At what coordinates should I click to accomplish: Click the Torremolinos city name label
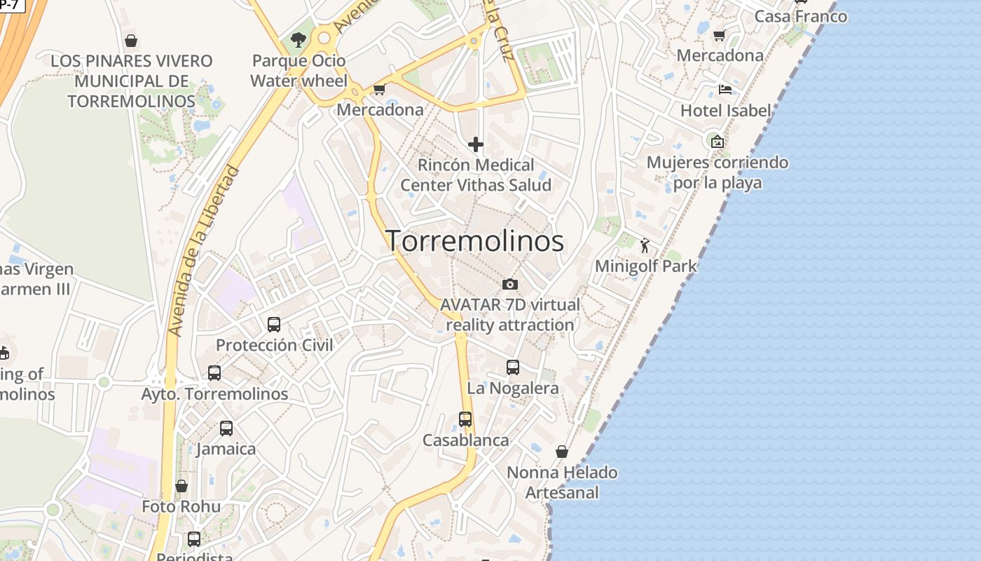[x=475, y=241]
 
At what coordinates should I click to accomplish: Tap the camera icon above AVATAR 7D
[x=510, y=284]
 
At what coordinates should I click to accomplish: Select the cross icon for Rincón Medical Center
[x=476, y=144]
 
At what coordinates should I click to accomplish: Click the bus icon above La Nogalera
[x=513, y=367]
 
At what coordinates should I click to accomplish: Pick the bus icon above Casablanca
[x=465, y=419]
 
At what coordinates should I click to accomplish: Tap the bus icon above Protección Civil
[x=274, y=325]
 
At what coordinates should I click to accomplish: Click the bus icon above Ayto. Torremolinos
[x=214, y=373]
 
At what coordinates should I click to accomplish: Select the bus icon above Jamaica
[x=226, y=428]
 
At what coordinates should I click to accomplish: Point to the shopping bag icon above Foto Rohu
[x=181, y=486]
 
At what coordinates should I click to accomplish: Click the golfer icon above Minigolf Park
[x=645, y=245]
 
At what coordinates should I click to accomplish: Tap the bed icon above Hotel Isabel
[x=725, y=90]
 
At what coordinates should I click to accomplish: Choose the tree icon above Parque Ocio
[x=299, y=39]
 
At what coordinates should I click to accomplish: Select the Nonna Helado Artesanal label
[x=562, y=482]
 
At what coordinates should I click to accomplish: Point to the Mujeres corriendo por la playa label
[x=717, y=173]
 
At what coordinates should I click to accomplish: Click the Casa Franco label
[x=800, y=15]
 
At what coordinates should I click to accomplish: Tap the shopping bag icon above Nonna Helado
[x=562, y=452]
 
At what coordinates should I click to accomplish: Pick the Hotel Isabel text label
[x=725, y=110]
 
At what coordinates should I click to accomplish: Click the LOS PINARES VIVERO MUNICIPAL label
[x=131, y=81]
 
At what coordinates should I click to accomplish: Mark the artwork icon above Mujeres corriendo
[x=717, y=142]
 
